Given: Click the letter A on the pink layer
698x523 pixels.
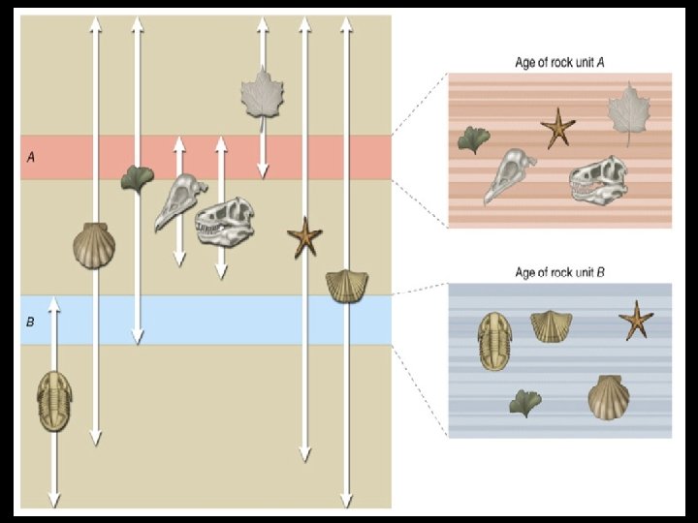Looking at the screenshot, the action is tap(31, 157).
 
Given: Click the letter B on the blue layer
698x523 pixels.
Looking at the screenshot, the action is tap(31, 321).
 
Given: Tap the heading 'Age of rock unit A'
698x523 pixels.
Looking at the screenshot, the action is tap(559, 63).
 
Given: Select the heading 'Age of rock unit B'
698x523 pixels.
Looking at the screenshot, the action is tap(559, 273).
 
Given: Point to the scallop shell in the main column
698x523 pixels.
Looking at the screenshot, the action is tap(93, 245).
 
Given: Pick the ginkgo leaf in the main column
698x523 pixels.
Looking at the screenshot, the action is tap(137, 178).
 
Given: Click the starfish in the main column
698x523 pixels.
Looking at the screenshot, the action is tap(304, 237).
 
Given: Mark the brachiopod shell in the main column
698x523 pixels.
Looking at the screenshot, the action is tap(345, 287).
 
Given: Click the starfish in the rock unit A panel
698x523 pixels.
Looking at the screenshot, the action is tap(557, 128).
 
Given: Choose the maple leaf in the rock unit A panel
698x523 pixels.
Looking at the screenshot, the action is tap(627, 112).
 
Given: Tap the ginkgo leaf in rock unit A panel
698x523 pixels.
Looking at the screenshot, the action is tap(473, 138).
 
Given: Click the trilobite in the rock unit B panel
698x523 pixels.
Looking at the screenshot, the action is tap(494, 341).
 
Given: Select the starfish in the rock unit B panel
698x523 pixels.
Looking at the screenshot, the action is tap(636, 321).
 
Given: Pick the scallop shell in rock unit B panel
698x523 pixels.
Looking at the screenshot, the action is tap(609, 397).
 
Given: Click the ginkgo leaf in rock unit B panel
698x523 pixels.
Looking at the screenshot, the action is tap(524, 400).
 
